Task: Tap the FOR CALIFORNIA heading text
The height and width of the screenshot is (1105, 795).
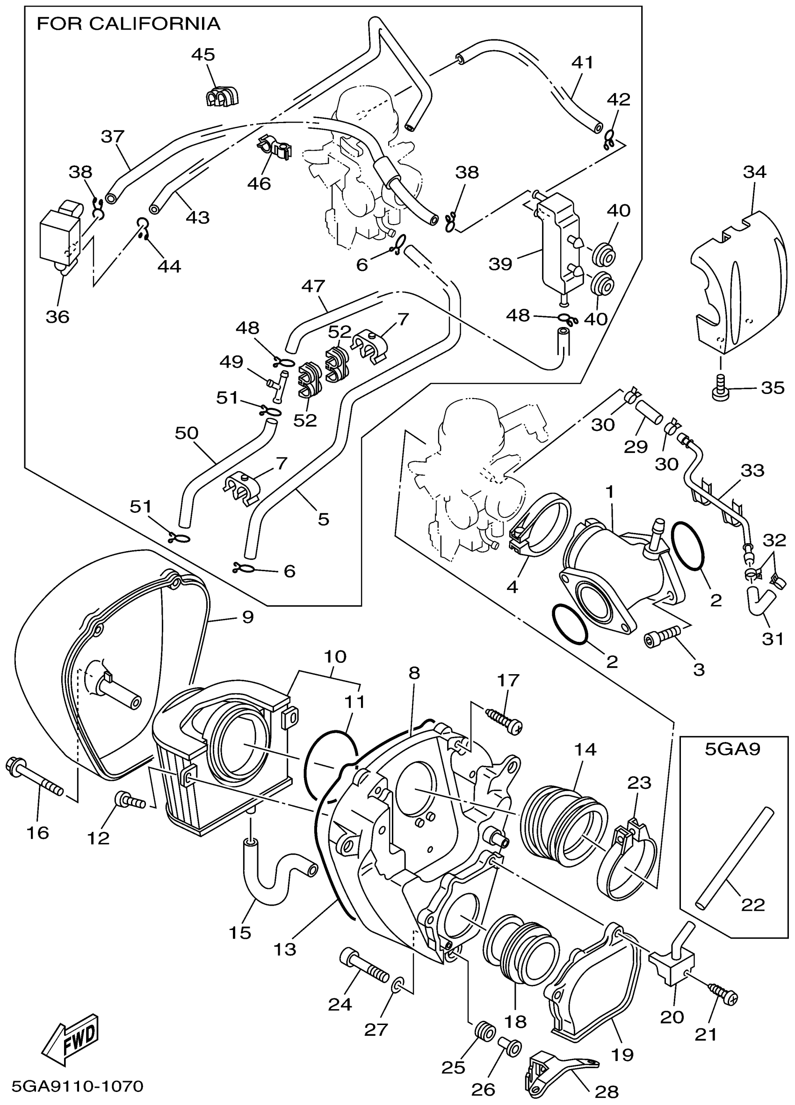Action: tap(129, 24)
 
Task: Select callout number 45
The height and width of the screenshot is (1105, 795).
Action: tap(202, 54)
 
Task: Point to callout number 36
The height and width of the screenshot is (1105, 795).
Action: tap(58, 317)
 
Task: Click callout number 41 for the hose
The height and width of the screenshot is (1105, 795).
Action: tap(583, 62)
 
